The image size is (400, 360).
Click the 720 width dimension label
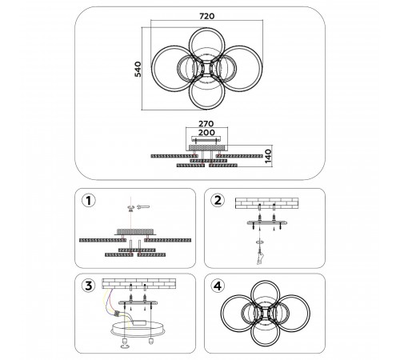click(x=207, y=16)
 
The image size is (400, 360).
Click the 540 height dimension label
click(x=138, y=69)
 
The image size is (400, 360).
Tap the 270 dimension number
click(x=206, y=124)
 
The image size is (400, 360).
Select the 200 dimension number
click(x=206, y=132)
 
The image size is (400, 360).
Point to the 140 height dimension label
click(x=268, y=156)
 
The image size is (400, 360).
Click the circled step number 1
click(x=88, y=201)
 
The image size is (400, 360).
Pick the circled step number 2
click(x=218, y=200)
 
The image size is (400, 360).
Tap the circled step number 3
click(x=88, y=286)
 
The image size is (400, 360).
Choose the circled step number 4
click(x=218, y=286)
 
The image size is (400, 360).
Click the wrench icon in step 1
click(x=143, y=206)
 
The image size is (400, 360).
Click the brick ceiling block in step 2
click(x=266, y=203)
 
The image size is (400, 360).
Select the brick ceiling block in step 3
click(x=138, y=284)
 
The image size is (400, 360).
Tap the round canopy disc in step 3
click(x=138, y=330)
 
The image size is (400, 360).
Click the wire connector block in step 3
click(x=117, y=314)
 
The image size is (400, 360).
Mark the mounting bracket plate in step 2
click(x=267, y=222)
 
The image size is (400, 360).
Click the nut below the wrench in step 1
click(x=130, y=210)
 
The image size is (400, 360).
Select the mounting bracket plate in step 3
click(x=138, y=303)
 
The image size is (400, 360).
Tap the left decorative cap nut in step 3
click(x=125, y=342)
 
